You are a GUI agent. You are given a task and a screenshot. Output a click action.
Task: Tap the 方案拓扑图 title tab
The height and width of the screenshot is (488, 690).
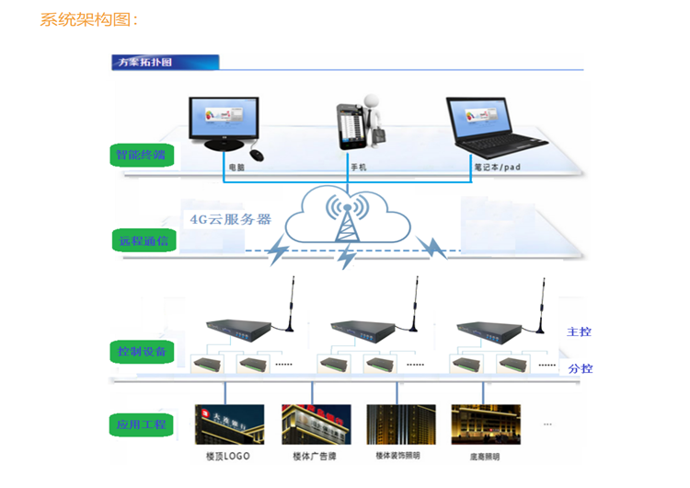pos(144,63)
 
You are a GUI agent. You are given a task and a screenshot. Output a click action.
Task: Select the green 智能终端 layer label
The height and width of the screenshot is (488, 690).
pos(139,154)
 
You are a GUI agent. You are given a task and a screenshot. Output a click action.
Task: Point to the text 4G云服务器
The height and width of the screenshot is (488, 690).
pos(230,219)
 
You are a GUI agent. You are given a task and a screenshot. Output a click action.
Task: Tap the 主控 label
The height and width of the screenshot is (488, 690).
pos(579,331)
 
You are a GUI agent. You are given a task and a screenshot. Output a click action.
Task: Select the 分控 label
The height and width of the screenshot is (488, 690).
pos(580,368)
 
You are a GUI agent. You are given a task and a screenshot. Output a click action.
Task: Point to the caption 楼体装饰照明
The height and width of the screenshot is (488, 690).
pos(397,456)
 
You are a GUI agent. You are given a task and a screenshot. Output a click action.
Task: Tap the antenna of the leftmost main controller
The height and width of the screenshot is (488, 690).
pos(292,299)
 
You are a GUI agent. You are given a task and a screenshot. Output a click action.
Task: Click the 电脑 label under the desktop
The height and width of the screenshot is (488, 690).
pos(236,168)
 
